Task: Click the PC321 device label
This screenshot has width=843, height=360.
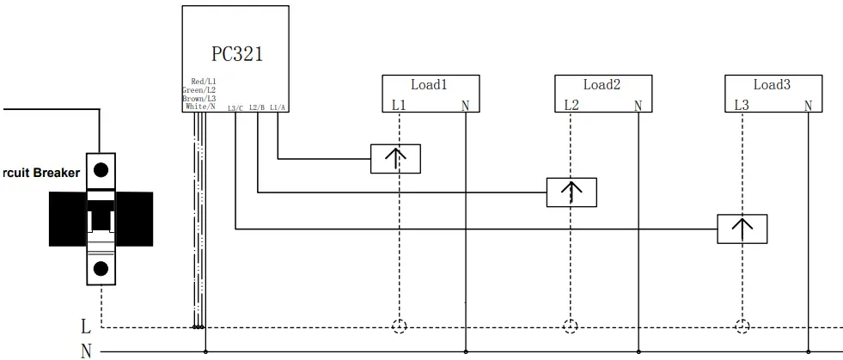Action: click(236, 54)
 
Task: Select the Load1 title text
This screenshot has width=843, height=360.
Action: click(430, 84)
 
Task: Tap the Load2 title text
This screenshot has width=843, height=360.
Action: click(602, 84)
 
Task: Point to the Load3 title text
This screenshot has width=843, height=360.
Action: click(772, 84)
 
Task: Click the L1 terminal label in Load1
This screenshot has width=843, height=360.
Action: click(399, 106)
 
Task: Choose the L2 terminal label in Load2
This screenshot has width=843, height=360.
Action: click(571, 106)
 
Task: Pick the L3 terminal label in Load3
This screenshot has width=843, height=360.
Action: click(742, 106)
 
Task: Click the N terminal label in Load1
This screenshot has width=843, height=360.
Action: click(465, 106)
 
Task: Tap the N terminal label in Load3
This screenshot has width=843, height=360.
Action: click(808, 106)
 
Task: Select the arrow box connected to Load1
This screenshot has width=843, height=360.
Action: click(395, 159)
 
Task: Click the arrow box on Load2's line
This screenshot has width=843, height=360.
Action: click(571, 192)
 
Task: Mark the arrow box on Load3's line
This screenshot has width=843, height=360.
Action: click(742, 229)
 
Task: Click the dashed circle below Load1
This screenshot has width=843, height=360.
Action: click(399, 326)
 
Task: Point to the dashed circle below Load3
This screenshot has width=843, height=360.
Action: click(743, 326)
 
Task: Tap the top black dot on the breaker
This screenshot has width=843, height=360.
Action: click(101, 168)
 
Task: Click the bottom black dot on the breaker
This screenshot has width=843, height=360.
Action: click(101, 268)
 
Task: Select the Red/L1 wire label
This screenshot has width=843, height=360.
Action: click(203, 81)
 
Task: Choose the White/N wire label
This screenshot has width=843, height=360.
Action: click(200, 107)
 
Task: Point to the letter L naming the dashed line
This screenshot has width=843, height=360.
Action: click(85, 326)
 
